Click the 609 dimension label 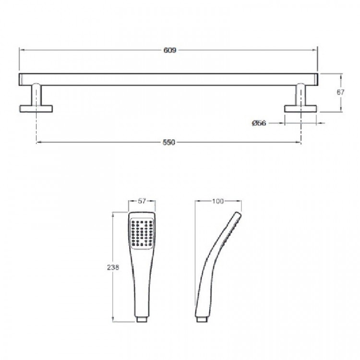pyautogui.click(x=169, y=50)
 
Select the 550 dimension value pyautogui.click(x=169, y=143)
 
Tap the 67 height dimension pyautogui.click(x=340, y=92)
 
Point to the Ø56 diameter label pyautogui.click(x=259, y=123)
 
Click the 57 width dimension pyautogui.click(x=142, y=201)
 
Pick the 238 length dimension pyautogui.click(x=113, y=267)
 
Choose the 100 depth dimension pyautogui.click(x=217, y=201)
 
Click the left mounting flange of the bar pyautogui.click(x=36, y=108)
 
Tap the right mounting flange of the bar pyautogui.click(x=300, y=108)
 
